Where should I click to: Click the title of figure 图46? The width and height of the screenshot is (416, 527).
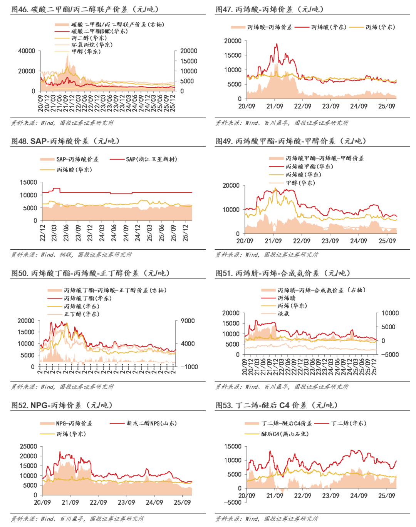pyautogui.click(x=85, y=9)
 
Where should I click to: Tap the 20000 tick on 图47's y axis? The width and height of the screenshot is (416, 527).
pyautogui.click(x=233, y=41)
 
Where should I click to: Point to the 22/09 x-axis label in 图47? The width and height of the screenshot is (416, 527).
pyautogui.click(x=302, y=106)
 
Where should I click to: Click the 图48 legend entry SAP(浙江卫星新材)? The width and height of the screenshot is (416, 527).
pyautogui.click(x=151, y=159)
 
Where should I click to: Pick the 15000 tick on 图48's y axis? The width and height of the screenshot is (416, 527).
pyautogui.click(x=29, y=182)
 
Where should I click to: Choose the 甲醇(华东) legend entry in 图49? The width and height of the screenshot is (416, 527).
pyautogui.click(x=300, y=183)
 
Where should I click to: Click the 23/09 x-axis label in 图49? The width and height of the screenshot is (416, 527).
pyautogui.click(x=330, y=241)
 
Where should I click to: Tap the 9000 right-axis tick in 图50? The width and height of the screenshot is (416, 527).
pyautogui.click(x=188, y=321)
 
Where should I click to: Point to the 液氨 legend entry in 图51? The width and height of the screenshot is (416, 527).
pyautogui.click(x=283, y=314)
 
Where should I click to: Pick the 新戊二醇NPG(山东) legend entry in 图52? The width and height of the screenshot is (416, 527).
pyautogui.click(x=151, y=423)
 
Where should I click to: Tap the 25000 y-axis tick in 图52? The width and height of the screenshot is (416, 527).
pyautogui.click(x=29, y=447)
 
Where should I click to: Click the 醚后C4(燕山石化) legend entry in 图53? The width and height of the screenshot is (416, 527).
pyautogui.click(x=285, y=434)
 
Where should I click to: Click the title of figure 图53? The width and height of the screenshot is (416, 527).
pyautogui.click(x=277, y=405)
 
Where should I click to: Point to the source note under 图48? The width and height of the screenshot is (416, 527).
pyautogui.click(x=72, y=255)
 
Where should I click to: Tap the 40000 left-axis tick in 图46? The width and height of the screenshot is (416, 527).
pyautogui.click(x=27, y=51)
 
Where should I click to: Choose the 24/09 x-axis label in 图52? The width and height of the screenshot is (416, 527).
pyautogui.click(x=154, y=502)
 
